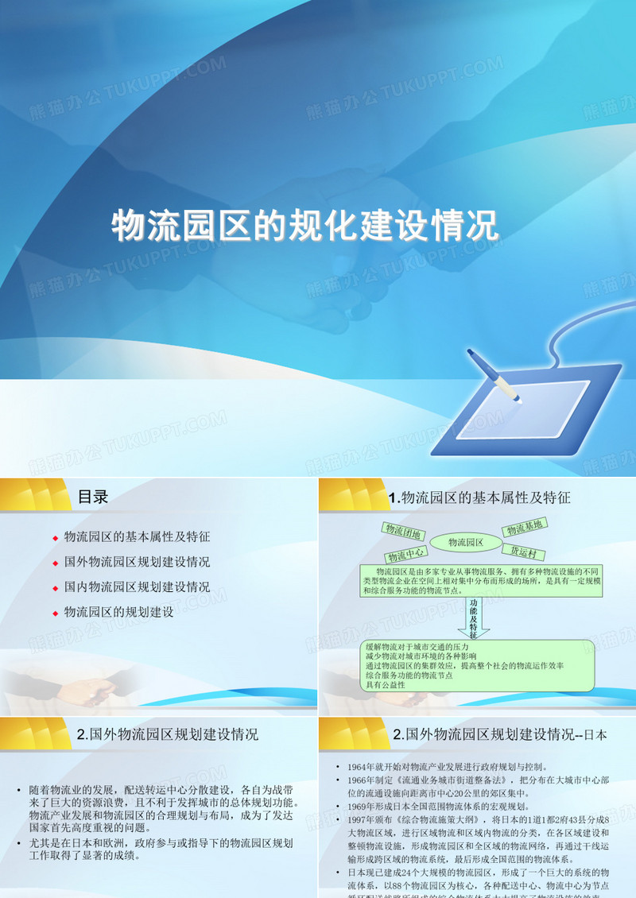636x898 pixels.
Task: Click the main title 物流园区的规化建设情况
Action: tap(305, 225)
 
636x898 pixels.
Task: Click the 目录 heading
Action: tap(93, 497)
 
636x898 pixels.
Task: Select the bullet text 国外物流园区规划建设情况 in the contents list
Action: tap(137, 562)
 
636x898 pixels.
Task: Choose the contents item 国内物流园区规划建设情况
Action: tap(137, 587)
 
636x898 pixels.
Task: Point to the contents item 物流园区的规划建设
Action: tap(118, 612)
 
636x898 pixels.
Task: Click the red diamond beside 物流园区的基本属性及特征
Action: tap(55, 538)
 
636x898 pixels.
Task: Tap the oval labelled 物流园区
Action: tap(467, 543)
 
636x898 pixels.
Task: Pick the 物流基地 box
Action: tap(524, 527)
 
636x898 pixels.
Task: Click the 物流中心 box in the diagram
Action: tap(406, 554)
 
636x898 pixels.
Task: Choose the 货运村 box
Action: tap(527, 552)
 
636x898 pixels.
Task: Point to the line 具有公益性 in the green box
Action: tap(385, 685)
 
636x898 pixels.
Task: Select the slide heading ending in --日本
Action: tap(500, 735)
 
